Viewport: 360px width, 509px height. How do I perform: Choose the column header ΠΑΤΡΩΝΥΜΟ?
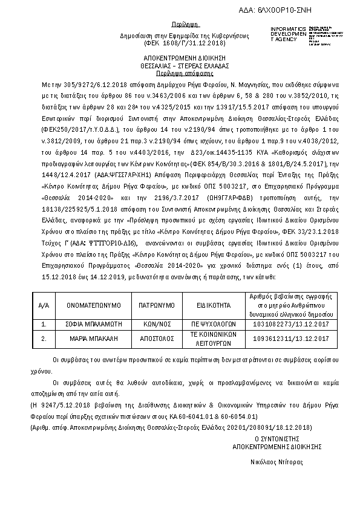(152, 306)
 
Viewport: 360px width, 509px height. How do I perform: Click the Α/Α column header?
(44, 306)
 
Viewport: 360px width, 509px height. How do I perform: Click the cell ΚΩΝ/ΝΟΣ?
(152, 325)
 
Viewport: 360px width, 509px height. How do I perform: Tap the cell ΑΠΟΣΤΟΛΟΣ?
(152, 339)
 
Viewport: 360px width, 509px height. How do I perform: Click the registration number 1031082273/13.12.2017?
(282, 325)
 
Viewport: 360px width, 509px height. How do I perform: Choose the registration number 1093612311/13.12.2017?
(282, 339)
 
